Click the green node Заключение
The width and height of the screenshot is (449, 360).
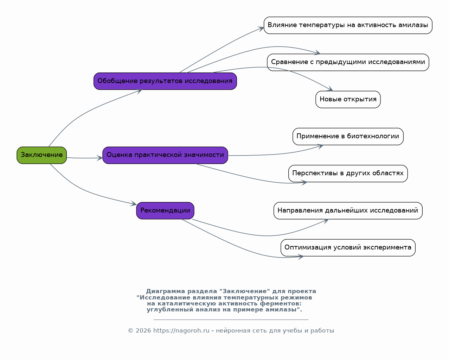point(42,155)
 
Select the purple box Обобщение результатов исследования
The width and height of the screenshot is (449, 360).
point(165,81)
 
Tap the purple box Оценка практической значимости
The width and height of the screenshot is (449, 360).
point(165,155)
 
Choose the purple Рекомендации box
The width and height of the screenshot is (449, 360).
point(165,210)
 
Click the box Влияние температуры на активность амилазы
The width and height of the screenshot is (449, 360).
point(348,25)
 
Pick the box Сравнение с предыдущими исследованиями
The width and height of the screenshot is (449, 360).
point(348,62)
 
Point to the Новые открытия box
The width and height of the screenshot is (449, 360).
point(348,99)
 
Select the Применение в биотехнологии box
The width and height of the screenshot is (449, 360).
point(348,136)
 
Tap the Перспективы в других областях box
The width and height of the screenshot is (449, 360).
point(348,173)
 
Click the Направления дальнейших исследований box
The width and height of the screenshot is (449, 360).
point(348,210)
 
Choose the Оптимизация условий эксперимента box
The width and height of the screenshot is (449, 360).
point(348,248)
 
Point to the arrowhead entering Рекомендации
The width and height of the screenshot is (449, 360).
point(134,203)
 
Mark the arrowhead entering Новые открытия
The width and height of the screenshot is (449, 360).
point(330,89)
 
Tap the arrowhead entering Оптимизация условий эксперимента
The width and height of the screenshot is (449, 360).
point(300,257)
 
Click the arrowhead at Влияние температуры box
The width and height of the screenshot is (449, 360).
point(261,29)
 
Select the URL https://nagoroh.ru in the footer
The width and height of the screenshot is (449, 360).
point(181,331)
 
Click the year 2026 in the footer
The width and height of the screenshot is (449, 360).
point(143,331)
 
